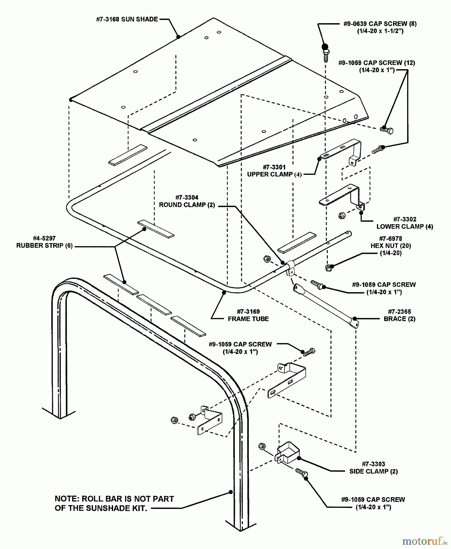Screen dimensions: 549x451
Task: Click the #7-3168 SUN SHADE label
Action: click(x=127, y=19)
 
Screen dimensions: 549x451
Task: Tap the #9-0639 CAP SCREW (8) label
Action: click(x=380, y=27)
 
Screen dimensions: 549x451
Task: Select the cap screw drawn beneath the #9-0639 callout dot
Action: click(x=326, y=56)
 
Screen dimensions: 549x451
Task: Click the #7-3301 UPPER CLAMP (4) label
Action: click(x=274, y=171)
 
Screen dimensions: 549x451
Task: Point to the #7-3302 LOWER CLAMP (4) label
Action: click(x=405, y=223)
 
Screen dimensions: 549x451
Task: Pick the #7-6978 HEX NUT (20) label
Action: click(x=391, y=246)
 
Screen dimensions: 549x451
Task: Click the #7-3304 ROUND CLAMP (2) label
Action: click(x=187, y=201)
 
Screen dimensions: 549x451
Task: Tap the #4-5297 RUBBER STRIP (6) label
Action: click(x=45, y=242)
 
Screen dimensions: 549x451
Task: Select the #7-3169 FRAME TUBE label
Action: click(x=248, y=315)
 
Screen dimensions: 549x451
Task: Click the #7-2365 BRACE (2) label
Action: click(x=399, y=315)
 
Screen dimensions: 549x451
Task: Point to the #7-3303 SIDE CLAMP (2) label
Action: click(x=374, y=468)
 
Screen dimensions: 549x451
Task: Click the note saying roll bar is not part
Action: click(x=114, y=503)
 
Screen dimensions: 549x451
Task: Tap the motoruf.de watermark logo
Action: click(x=425, y=541)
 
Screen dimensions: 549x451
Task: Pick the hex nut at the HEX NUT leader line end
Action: click(x=328, y=268)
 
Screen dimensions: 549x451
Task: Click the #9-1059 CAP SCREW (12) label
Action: click(x=377, y=66)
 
